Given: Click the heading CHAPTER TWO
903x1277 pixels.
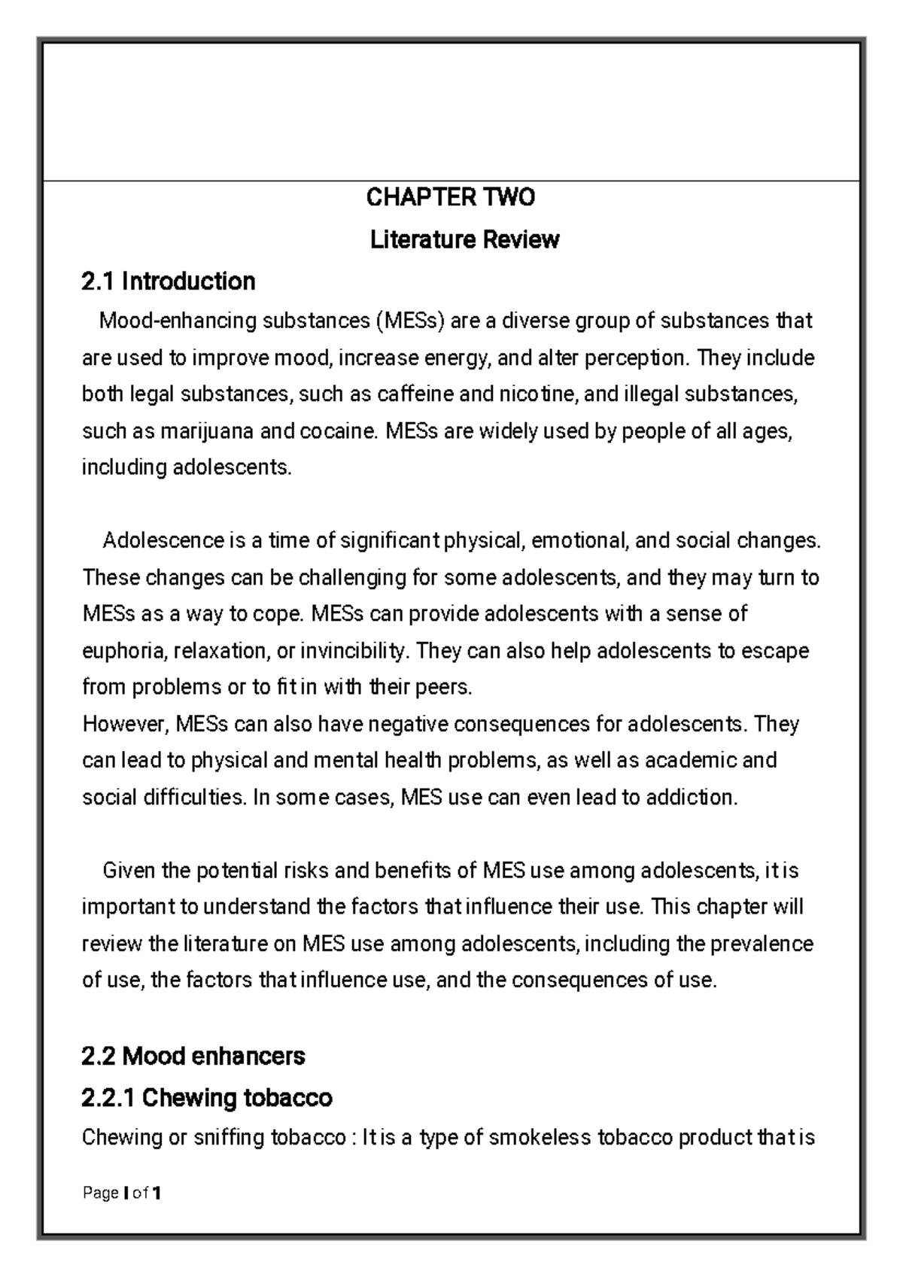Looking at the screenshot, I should (x=450, y=198).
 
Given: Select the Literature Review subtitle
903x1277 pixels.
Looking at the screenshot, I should (x=464, y=240).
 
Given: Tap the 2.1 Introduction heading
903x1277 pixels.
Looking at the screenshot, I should (x=169, y=281).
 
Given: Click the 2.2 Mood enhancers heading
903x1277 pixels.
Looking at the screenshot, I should (x=193, y=1056).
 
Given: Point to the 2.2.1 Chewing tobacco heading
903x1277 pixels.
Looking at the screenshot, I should (x=206, y=1098).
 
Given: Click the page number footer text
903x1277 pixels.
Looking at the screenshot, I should (x=121, y=1193).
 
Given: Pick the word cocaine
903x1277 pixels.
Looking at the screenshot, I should (x=339, y=432).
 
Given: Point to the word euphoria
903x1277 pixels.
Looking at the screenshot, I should (x=121, y=651).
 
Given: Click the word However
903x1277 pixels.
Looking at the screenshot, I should (x=124, y=724).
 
